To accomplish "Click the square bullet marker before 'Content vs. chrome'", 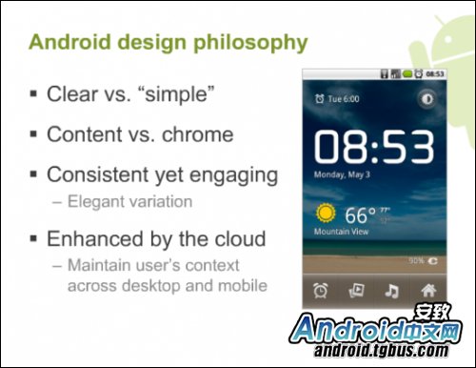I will (x=34, y=135).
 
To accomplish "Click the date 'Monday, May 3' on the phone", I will (x=344, y=174).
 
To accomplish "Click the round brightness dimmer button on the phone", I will (x=424, y=99).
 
